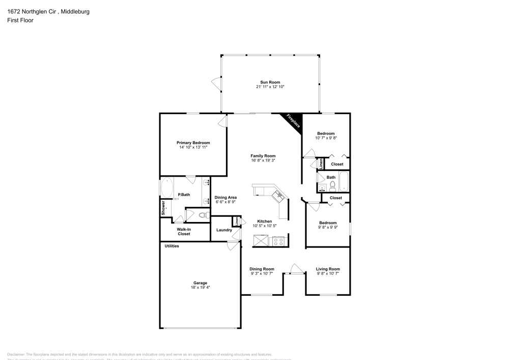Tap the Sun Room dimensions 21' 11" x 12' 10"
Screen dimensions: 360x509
270,87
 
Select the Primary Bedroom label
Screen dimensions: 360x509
193,143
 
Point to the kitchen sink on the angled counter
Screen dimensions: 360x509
278,195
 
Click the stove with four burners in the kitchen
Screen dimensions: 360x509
278,241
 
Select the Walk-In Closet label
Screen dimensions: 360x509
184,232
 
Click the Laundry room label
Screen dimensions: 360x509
224,230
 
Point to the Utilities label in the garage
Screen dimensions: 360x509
172,246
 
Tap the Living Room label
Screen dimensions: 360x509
328,269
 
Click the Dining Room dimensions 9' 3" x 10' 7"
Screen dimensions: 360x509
262,273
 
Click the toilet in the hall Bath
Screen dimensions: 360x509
332,185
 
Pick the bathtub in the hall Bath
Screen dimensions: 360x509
344,181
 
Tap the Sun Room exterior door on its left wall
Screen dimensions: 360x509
217,83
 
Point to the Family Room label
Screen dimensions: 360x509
263,156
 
